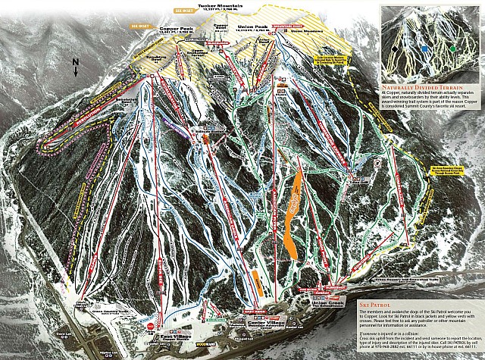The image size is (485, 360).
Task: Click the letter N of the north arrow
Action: coord(75,63)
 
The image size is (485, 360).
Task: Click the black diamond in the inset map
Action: coord(395,49)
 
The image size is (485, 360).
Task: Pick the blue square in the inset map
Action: coord(425,48)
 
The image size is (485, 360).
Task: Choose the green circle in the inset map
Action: coord(452,49)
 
